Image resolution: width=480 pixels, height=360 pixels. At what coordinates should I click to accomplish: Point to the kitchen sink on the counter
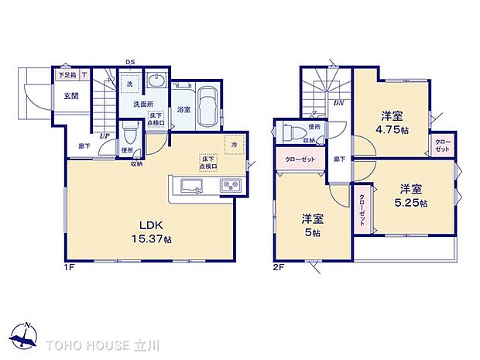(x=192, y=186)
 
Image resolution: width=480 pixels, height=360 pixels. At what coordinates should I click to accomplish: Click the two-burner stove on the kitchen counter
(x=229, y=185)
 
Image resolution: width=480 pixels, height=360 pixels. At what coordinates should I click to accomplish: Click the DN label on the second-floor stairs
(x=338, y=102)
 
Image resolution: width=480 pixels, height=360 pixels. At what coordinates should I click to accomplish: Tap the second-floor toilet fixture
(x=288, y=131)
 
